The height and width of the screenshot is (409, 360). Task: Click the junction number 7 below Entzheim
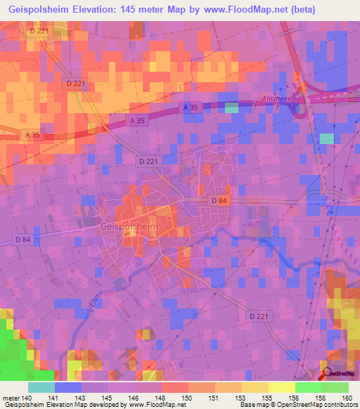click(278, 108)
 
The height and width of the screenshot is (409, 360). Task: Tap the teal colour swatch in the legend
click(41, 387)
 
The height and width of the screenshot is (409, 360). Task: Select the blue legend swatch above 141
click(68, 387)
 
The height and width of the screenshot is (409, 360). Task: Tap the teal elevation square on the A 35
click(231, 108)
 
